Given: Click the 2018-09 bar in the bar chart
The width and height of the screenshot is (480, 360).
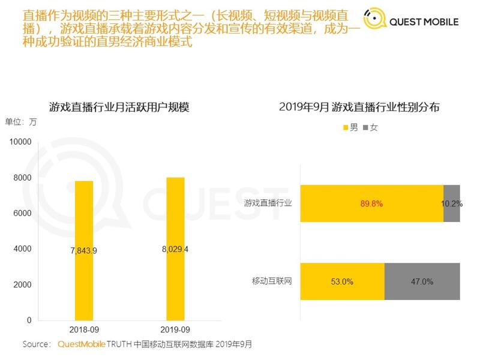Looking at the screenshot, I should pyautogui.click(x=84, y=282).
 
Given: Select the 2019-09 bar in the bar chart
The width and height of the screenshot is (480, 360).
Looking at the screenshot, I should pyautogui.click(x=175, y=282).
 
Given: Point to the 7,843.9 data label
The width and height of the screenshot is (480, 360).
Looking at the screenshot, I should pyautogui.click(x=84, y=250).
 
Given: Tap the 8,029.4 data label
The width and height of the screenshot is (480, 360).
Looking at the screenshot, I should pyautogui.click(x=175, y=248).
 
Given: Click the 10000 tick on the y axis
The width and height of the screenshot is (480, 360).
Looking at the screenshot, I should pyautogui.click(x=20, y=142).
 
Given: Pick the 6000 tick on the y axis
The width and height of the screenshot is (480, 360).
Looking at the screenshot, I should pyautogui.click(x=22, y=214).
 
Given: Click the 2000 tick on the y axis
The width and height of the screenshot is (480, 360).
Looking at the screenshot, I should pyautogui.click(x=22, y=285).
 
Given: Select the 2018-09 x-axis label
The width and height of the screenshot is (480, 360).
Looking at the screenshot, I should pyautogui.click(x=84, y=330).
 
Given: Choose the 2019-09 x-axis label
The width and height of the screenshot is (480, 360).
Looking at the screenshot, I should pyautogui.click(x=175, y=330).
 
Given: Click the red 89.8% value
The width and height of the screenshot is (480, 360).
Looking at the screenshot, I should pyautogui.click(x=371, y=204).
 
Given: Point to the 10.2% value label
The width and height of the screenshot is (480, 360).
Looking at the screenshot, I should pyautogui.click(x=452, y=204).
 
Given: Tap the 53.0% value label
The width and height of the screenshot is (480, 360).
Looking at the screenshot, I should pyautogui.click(x=342, y=281).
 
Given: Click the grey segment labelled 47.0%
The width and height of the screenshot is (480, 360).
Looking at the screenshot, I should pyautogui.click(x=422, y=281).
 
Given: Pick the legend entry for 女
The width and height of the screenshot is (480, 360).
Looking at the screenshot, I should pyautogui.click(x=370, y=128).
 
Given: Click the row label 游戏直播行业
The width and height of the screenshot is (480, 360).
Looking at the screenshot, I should pyautogui.click(x=268, y=203).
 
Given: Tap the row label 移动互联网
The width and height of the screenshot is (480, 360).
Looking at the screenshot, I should pyautogui.click(x=272, y=281).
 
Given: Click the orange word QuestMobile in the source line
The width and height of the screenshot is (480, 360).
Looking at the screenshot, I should pyautogui.click(x=82, y=344).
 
